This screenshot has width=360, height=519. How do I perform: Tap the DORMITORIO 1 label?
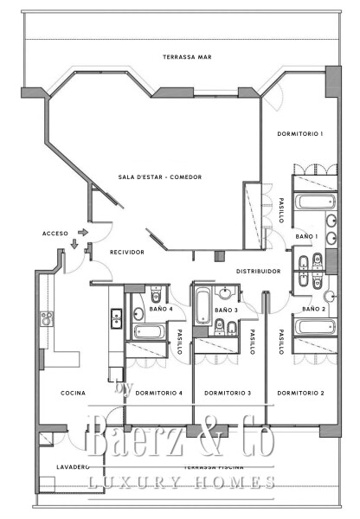coord(299,134)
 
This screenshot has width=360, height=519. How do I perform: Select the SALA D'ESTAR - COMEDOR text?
coord(160,177)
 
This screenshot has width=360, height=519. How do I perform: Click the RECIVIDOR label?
coord(126,253)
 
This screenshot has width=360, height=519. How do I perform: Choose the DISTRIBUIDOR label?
coord(259,271)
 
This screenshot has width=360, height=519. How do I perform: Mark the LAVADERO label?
coord(61,466)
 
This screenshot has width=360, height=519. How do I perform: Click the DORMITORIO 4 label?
coord(159,393)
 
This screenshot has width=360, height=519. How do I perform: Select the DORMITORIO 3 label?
coord(228,393)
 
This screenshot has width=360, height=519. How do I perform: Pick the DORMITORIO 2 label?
coord(299,393)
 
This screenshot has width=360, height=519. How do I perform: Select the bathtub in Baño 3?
coord(203,306)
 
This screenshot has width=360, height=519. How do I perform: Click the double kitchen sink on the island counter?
coord(115,319)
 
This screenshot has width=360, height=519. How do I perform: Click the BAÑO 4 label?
coord(160,309)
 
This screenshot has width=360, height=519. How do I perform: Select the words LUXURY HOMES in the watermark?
coord(181,482)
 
